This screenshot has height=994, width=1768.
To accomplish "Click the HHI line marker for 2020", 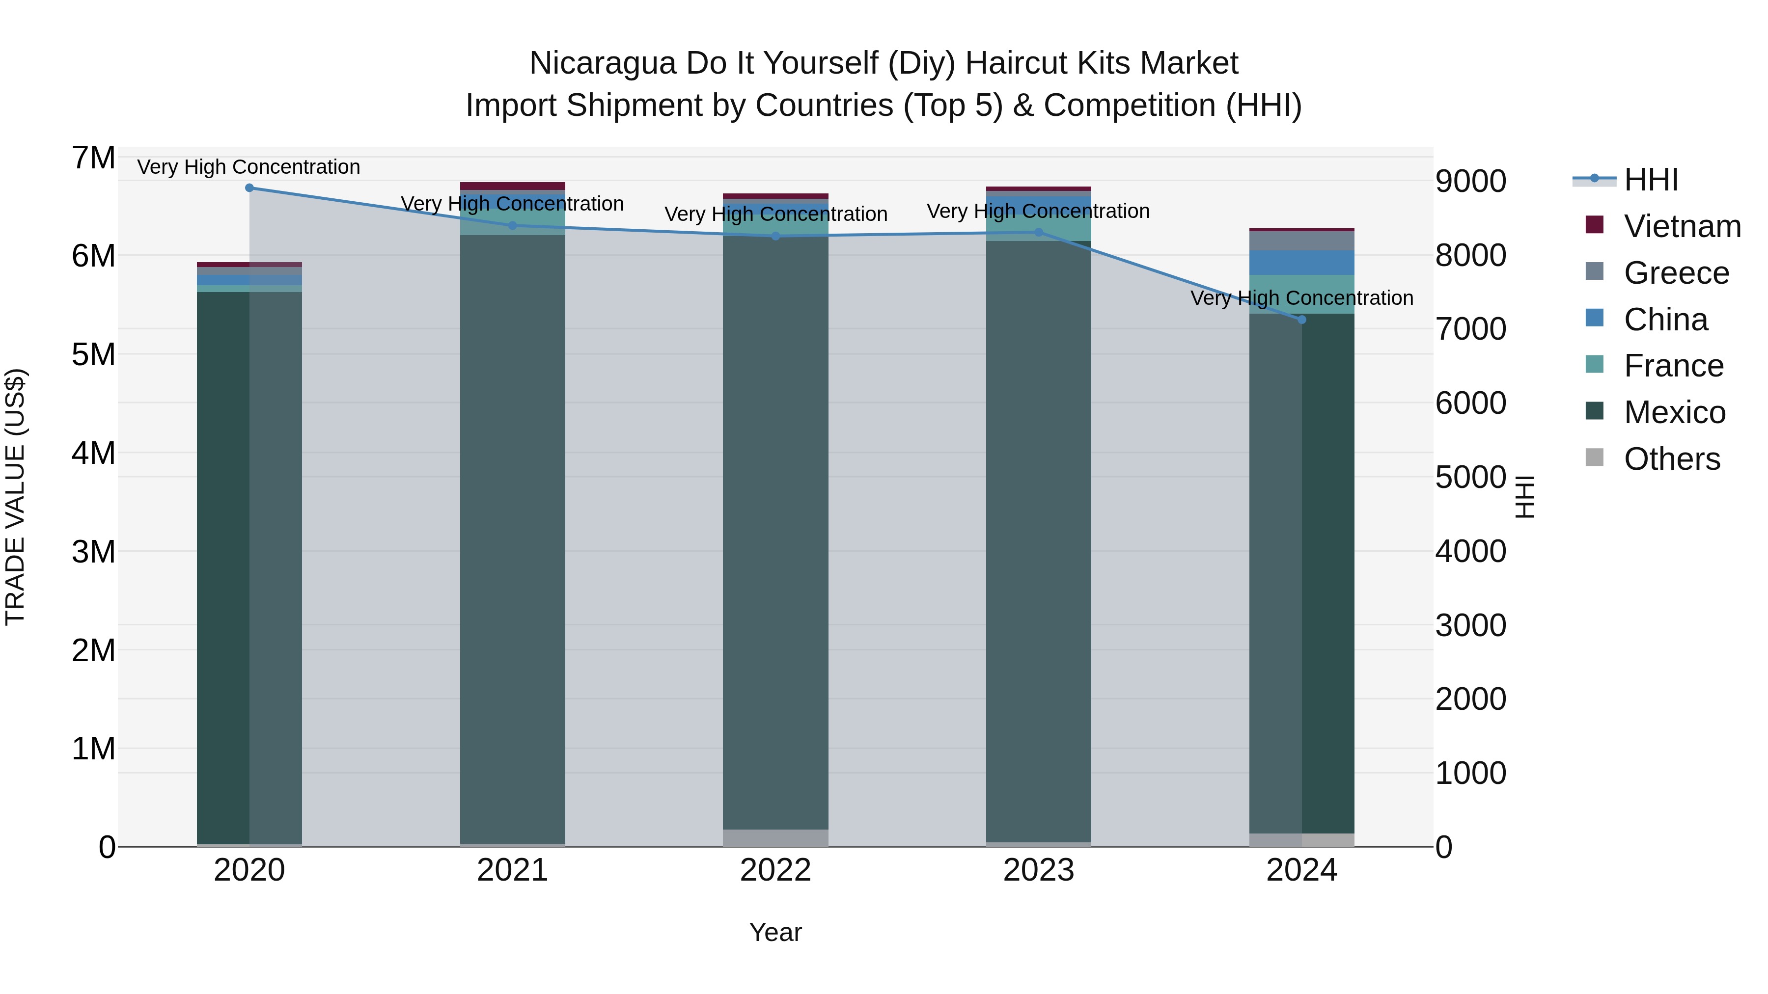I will point(249,188).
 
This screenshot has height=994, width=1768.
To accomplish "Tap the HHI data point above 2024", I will point(1301,320).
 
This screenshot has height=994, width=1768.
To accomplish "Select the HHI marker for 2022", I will point(775,236).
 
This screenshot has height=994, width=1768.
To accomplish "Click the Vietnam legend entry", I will point(1682,226).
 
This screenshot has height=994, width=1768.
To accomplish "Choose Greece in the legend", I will point(1676,273).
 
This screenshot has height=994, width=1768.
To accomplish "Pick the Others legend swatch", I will point(1594,457).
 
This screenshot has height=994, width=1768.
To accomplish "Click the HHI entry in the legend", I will point(1651,180).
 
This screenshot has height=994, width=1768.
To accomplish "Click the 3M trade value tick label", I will point(93,552).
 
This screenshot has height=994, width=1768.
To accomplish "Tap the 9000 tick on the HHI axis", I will point(1470,182).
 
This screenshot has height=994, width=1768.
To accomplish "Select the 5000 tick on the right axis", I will point(1470,478).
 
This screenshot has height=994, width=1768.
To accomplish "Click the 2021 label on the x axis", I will point(512,870).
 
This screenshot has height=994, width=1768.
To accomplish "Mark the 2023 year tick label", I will point(1038,870).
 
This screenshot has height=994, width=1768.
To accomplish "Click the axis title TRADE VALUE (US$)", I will point(15,497).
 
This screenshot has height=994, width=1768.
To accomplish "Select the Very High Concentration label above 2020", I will point(249,167).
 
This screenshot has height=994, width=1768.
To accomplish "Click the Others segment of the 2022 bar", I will point(775,837).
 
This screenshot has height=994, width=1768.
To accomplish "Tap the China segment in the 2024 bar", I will point(1301,263).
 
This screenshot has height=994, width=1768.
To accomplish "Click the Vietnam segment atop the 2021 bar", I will point(512,186).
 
